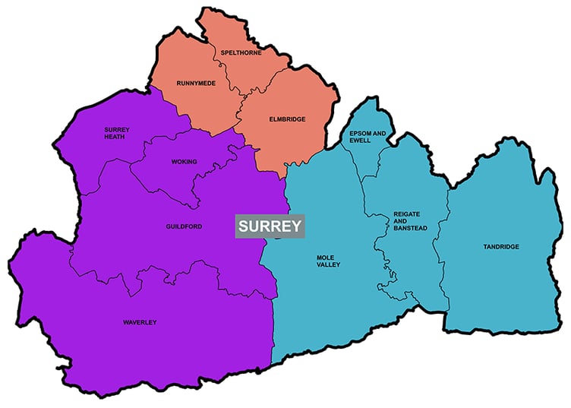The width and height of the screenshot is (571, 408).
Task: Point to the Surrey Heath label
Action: [117, 133]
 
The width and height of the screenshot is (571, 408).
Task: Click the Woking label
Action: [184, 162]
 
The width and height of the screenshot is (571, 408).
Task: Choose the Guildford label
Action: [184, 226]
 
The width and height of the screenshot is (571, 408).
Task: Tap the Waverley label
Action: [140, 323]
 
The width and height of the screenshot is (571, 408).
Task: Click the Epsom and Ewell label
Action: [368, 138]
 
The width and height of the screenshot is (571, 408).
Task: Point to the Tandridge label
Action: [500, 247]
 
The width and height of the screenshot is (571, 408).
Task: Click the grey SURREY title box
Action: [270, 226]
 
